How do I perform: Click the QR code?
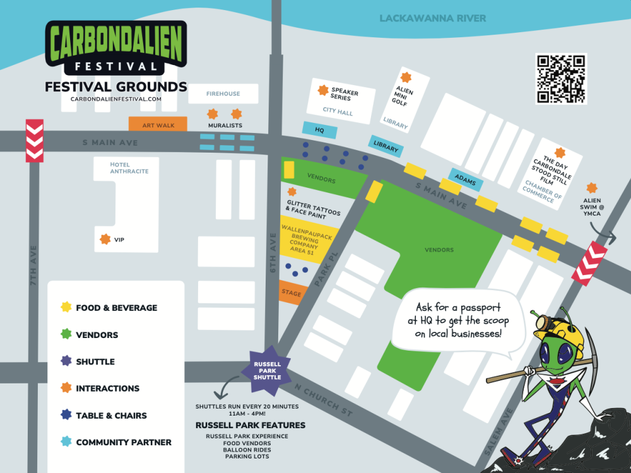(561, 79)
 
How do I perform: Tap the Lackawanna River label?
(433, 18)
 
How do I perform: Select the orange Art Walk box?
(158, 125)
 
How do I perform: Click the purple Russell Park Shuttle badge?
(268, 368)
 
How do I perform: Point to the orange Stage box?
(290, 293)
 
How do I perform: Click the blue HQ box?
(319, 130)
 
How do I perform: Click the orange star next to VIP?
(105, 239)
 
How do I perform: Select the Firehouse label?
(223, 94)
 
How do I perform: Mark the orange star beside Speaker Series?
(323, 91)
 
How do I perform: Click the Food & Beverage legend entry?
(116, 308)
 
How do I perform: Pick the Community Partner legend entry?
(123, 442)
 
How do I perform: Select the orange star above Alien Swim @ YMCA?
(591, 188)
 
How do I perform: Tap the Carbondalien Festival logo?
(115, 48)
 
